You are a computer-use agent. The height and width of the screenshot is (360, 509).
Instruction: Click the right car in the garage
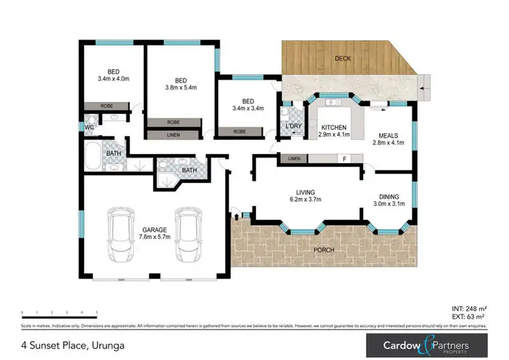(x=188, y=234)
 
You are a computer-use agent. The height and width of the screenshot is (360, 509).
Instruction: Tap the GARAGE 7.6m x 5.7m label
(x=155, y=233)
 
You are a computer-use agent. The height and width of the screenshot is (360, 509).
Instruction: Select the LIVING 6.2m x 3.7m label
(x=301, y=196)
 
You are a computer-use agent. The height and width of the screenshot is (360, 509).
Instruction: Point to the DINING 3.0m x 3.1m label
(x=390, y=200)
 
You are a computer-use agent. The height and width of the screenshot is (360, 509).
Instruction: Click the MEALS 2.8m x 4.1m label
(x=390, y=139)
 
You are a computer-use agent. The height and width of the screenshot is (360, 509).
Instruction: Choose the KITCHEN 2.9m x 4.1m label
(x=334, y=131)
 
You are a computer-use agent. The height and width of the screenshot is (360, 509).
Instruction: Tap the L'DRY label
(x=294, y=127)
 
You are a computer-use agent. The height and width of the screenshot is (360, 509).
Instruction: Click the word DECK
(x=343, y=58)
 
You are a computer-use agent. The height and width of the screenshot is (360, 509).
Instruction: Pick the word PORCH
(x=324, y=250)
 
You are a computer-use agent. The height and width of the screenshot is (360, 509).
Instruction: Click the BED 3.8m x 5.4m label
(x=181, y=83)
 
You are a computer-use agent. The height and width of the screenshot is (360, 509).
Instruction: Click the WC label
(x=90, y=127)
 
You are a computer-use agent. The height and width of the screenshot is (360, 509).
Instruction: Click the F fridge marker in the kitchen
(x=344, y=160)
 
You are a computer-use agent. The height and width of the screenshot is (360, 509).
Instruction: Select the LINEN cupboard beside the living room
(x=293, y=159)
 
